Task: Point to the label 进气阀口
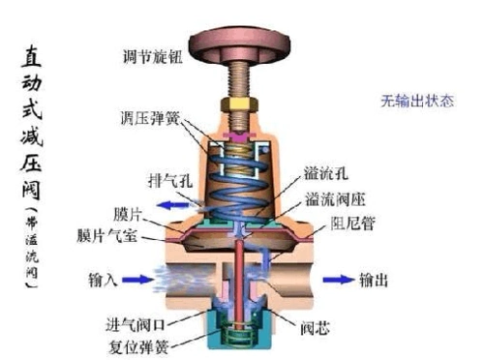point(136,322)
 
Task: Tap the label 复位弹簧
point(136,344)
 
